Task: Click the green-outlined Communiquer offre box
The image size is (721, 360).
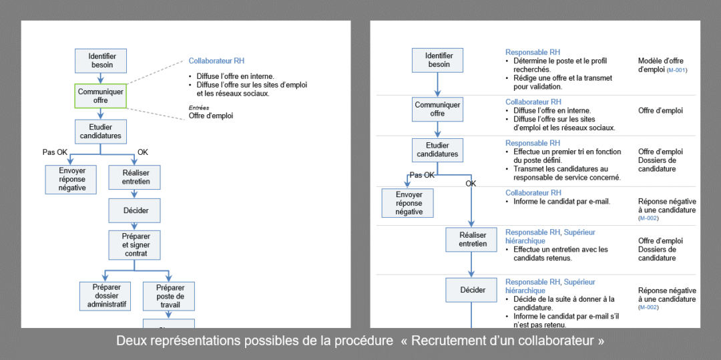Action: (x=100, y=96)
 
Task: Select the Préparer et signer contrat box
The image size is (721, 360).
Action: (x=136, y=244)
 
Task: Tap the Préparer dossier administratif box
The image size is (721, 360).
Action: (x=105, y=296)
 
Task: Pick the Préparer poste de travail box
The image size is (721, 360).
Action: (x=170, y=296)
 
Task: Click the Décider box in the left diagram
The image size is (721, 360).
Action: (x=136, y=210)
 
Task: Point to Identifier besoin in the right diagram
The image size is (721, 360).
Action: (x=438, y=60)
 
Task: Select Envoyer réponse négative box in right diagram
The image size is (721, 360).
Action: (x=409, y=203)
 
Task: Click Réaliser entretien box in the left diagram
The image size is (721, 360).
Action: (x=136, y=177)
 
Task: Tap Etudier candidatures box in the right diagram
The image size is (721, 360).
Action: (x=438, y=150)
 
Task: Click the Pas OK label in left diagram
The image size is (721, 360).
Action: (x=55, y=152)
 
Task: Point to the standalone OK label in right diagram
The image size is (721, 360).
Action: (x=471, y=184)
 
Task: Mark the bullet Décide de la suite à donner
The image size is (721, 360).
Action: (x=563, y=303)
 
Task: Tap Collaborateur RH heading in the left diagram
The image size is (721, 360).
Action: (x=216, y=61)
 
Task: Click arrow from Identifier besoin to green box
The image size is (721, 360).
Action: (x=100, y=77)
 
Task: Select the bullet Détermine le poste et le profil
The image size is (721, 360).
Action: (x=559, y=65)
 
